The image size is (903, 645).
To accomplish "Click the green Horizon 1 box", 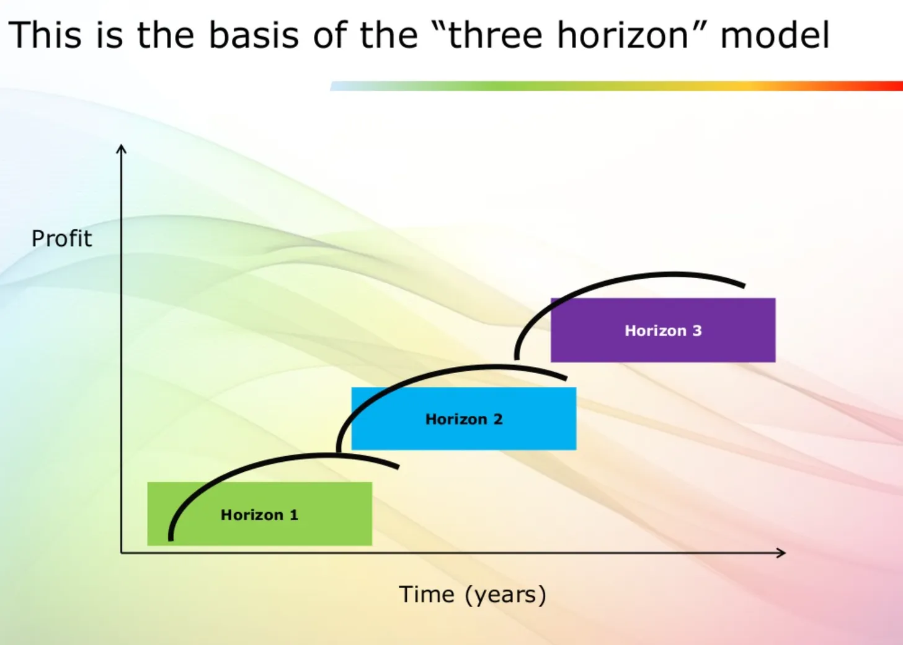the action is (260, 514).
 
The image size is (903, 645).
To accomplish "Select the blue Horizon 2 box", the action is (464, 418).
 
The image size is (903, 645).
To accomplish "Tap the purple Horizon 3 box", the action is (663, 330).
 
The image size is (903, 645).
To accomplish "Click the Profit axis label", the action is (61, 238).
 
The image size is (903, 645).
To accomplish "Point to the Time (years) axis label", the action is (473, 595).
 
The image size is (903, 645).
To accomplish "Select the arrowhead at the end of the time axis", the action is (781, 553).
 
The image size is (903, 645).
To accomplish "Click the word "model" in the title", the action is (775, 35).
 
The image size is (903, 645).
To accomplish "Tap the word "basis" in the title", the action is (254, 35).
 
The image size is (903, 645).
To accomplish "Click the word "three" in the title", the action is (495, 35).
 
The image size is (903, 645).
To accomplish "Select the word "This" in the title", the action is (45, 35).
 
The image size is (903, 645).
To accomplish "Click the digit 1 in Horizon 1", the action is (294, 515).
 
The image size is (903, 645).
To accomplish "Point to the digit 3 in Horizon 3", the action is (697, 331).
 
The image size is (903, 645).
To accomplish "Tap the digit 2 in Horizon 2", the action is (498, 419).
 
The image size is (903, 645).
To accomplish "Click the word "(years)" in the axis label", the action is (506, 595).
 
